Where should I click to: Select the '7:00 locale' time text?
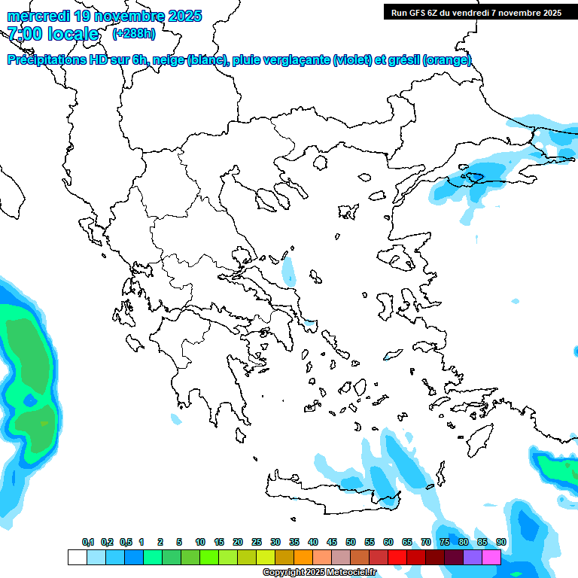coord(53,34)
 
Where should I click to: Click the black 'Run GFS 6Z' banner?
coord(476,13)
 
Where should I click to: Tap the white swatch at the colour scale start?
coord(77,558)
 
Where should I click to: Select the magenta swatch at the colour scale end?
coord(491,558)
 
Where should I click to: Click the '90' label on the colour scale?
coord(501,542)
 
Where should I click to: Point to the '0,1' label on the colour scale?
coord(88,542)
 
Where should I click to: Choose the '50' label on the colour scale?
coord(351,542)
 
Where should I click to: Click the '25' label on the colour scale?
coord(257,542)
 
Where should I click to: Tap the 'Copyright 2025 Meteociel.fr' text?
coord(319,573)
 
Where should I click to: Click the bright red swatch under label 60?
coord(397,558)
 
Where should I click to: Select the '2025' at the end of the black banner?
coord(552,13)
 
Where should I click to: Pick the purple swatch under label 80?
coord(473,558)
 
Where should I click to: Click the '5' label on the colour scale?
coord(179,542)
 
